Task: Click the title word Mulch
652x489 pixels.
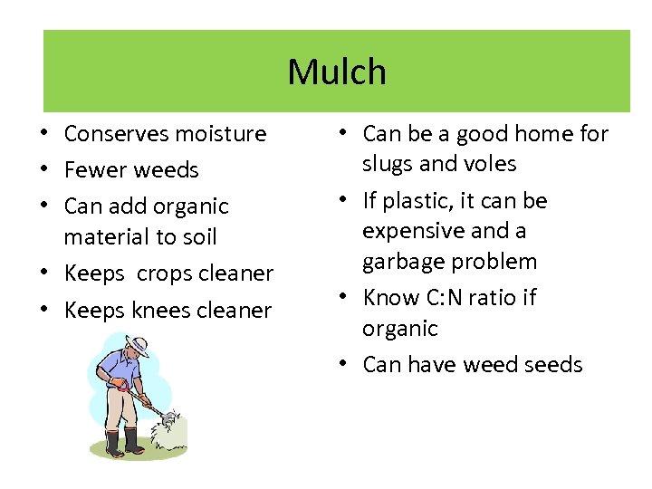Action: tap(337, 72)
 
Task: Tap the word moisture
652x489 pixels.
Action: tap(221, 134)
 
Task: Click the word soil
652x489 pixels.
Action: tap(198, 237)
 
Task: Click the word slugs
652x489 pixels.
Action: tap(388, 165)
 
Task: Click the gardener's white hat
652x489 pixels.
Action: tap(138, 343)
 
